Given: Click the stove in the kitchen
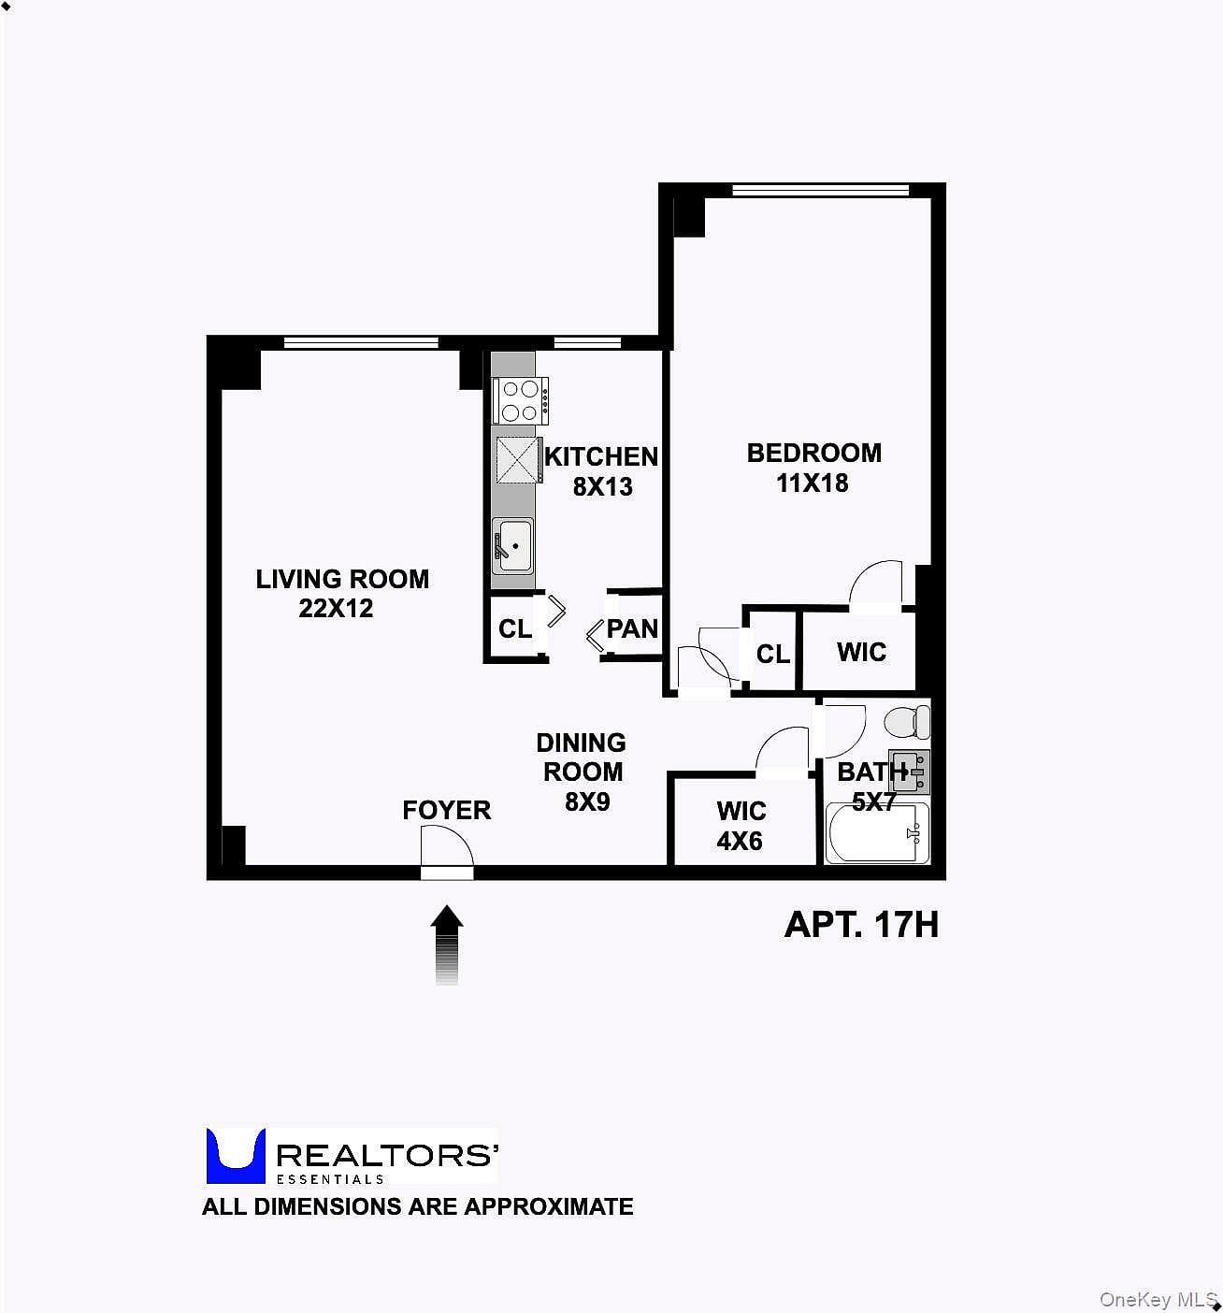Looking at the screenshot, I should tap(520, 400).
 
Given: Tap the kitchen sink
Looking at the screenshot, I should tap(512, 546).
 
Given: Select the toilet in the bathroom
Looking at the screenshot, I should tap(907, 722).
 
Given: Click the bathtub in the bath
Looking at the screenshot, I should tap(876, 832).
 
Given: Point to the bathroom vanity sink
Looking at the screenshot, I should tap(909, 772).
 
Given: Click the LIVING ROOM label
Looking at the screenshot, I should tap(342, 579).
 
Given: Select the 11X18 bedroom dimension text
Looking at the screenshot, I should tap(812, 483).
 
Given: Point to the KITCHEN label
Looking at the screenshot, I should tap(601, 457).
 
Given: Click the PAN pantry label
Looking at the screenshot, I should tap(632, 629).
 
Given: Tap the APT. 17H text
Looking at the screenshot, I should tap(861, 925).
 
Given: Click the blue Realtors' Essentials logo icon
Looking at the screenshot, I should tap(236, 1157).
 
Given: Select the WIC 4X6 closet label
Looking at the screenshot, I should tap(741, 826).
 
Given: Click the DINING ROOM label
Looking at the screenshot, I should tap(582, 757).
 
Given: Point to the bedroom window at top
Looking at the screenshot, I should tap(820, 190).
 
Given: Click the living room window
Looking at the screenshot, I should tap(361, 342).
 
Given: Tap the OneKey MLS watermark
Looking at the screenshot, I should tap(1158, 1299).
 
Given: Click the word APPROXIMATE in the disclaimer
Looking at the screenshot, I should tap(549, 1206).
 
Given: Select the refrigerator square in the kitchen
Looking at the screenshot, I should tap(516, 460).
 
